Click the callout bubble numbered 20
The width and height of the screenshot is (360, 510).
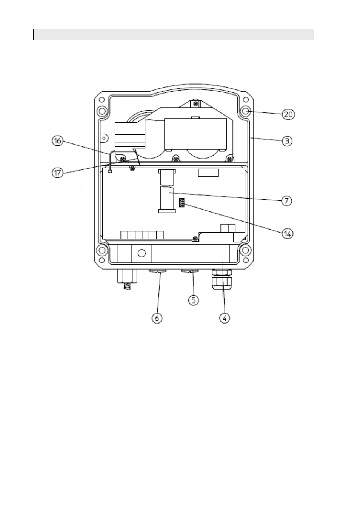click(x=288, y=114)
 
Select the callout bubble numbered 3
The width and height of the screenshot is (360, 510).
click(x=287, y=141)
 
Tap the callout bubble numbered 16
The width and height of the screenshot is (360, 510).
click(x=57, y=141)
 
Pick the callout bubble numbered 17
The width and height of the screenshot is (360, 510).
click(x=58, y=173)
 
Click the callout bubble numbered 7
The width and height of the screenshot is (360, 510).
click(x=286, y=201)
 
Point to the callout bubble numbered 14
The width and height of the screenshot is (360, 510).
click(x=288, y=234)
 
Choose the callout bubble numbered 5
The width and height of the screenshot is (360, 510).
click(x=194, y=300)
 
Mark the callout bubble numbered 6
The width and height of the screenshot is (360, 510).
click(x=157, y=318)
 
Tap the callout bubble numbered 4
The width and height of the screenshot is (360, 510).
click(x=225, y=318)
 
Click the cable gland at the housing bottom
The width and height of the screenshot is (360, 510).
click(x=222, y=279)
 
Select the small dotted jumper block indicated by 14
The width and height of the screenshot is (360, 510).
click(x=182, y=203)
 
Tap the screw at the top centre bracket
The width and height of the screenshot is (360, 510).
click(x=195, y=104)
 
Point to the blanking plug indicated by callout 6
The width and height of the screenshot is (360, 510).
click(x=158, y=271)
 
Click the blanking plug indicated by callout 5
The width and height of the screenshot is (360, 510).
click(x=189, y=271)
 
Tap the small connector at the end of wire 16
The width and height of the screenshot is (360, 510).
click(x=110, y=171)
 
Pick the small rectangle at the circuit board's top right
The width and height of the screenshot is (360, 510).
click(x=208, y=173)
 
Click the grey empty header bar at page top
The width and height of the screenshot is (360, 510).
click(x=174, y=35)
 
